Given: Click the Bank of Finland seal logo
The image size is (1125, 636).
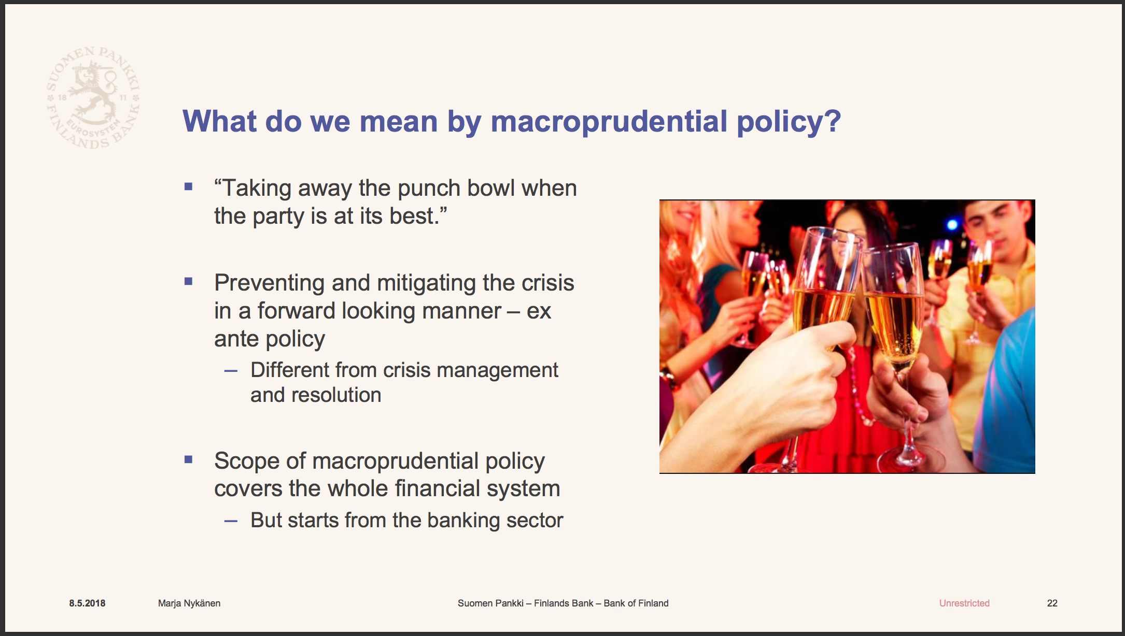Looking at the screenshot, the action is (x=93, y=97).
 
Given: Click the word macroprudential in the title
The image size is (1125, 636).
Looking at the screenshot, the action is (x=609, y=122).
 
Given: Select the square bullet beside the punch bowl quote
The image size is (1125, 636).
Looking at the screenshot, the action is (x=188, y=186).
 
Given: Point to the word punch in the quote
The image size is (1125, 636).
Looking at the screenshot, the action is (x=429, y=188).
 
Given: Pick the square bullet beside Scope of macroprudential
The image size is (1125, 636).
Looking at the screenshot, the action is (x=188, y=459).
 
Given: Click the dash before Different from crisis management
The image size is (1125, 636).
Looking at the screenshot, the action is (x=231, y=371).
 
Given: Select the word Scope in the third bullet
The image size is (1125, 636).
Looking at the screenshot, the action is (x=244, y=461).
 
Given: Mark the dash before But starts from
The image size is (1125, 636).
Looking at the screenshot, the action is (x=231, y=521).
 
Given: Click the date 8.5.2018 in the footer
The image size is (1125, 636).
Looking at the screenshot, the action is (x=87, y=603).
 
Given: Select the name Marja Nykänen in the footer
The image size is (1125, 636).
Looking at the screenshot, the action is (x=189, y=603).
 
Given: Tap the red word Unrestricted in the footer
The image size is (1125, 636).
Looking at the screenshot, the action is (x=964, y=603).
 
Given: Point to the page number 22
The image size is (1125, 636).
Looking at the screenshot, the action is (x=1052, y=603).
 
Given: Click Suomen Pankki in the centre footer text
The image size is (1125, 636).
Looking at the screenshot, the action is (x=490, y=603).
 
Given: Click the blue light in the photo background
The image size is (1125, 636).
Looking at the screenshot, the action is (x=952, y=225).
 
